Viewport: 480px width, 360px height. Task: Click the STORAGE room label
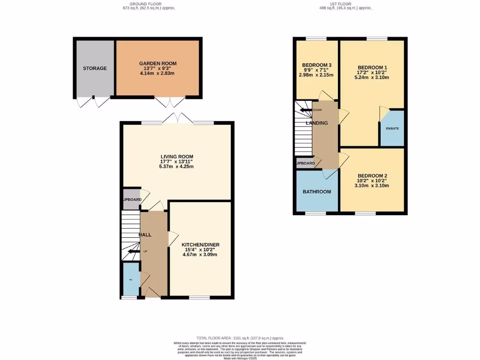(x=95, y=68)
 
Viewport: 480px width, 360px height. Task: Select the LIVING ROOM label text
(x=177, y=157)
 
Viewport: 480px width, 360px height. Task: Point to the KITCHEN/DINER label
(x=200, y=245)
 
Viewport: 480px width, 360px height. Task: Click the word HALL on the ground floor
(x=145, y=234)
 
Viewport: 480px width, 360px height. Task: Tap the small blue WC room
(x=130, y=279)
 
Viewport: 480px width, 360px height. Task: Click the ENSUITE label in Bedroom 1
(x=392, y=128)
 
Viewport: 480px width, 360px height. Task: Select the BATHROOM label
(x=316, y=192)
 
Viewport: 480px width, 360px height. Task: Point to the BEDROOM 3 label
(x=317, y=65)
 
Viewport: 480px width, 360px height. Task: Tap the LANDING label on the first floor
(x=317, y=123)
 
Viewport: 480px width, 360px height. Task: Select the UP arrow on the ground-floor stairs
(x=136, y=252)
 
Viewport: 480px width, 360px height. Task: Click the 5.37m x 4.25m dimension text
(x=177, y=166)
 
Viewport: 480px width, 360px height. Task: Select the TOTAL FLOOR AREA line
(x=240, y=338)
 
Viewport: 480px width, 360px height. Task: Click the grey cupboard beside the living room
(x=131, y=199)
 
